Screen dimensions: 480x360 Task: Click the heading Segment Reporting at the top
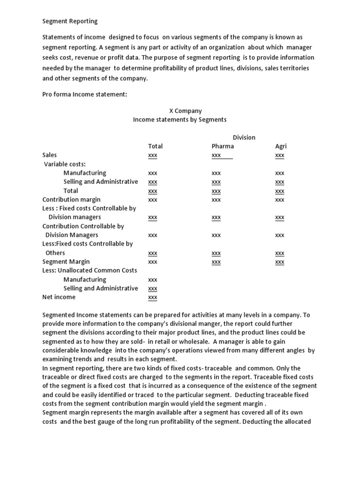70,21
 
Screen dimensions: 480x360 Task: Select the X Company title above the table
185,111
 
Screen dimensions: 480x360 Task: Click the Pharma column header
223,146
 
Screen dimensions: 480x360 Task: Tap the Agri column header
280,146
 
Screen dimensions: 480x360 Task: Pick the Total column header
155,146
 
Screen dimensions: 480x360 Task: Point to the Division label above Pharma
244,137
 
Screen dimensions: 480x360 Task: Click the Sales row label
50,155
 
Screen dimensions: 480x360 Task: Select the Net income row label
59,297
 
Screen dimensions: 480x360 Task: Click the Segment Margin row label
66,262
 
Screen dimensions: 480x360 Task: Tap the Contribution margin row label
71,200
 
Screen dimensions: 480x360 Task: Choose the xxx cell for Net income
153,298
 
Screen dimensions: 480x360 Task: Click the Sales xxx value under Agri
280,156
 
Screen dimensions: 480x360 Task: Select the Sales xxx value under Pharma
217,156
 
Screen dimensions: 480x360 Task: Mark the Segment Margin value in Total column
153,262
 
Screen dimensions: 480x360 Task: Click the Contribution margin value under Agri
280,200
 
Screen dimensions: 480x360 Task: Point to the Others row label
55,253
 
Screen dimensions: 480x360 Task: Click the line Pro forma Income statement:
85,94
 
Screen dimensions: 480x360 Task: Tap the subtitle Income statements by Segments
180,120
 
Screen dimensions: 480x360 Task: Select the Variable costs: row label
65,164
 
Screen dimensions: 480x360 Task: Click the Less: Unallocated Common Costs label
90,270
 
